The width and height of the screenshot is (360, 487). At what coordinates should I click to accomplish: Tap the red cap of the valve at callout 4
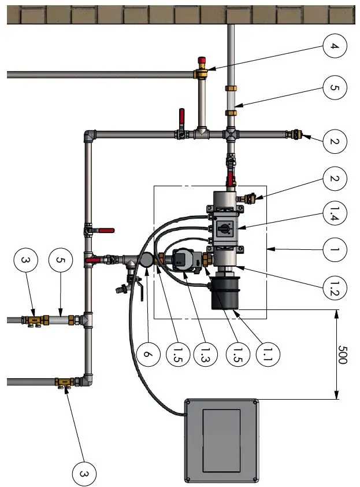point(202,60)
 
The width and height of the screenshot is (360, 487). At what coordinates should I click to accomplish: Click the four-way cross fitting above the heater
point(231,134)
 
